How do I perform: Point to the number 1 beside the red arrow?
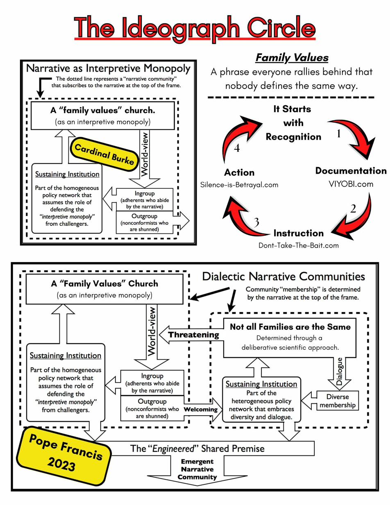pyautogui.click(x=338, y=134)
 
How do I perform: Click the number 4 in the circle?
pyautogui.click(x=237, y=148)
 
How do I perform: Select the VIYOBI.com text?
pyautogui.click(x=351, y=184)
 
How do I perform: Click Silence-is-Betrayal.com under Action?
pyautogui.click(x=239, y=185)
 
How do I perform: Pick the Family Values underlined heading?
pyautogui.click(x=292, y=58)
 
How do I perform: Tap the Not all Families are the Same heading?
pyautogui.click(x=290, y=327)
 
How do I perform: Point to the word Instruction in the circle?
pyautogui.click(x=298, y=233)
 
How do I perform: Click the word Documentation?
pyautogui.click(x=351, y=171)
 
